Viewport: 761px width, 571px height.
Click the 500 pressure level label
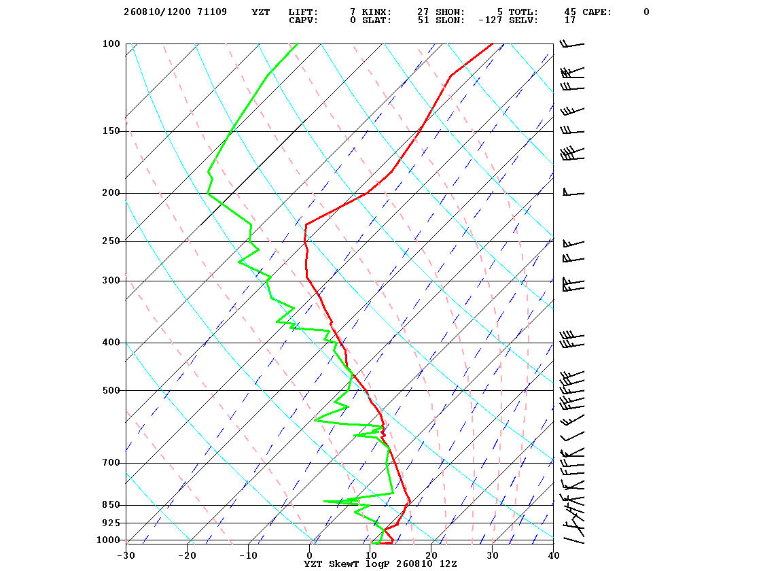tap(111, 390)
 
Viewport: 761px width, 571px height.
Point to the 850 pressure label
tap(111, 505)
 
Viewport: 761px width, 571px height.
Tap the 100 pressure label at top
tap(111, 44)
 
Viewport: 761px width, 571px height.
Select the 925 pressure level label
tap(111, 523)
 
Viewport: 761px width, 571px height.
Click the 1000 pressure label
tap(108, 540)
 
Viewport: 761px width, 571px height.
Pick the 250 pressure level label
tap(111, 241)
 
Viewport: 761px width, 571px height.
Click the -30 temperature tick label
tap(126, 555)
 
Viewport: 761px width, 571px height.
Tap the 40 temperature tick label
tap(553, 555)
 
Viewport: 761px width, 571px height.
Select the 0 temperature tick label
tap(310, 555)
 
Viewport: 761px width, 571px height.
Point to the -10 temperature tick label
tap(248, 555)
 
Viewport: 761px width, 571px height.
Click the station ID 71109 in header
tap(211, 12)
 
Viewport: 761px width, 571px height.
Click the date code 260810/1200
tap(157, 12)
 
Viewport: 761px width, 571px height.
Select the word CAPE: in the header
tap(597, 12)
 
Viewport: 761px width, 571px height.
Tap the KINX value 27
tap(423, 12)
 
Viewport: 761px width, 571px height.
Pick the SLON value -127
tap(490, 20)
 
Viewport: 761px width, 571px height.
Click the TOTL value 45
tap(570, 12)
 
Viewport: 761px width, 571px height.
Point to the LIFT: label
tap(303, 12)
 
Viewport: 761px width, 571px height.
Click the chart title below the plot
tap(380, 564)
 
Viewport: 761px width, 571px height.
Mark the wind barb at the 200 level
tap(573, 192)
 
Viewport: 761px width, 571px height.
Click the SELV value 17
tap(570, 20)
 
